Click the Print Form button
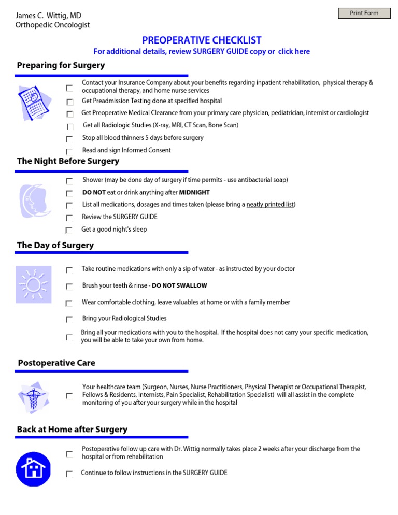364,13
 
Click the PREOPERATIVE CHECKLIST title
202,40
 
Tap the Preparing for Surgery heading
61,65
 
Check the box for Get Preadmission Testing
69,102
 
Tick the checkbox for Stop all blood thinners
69,139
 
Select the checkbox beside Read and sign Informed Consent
69,151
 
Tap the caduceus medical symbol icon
33,396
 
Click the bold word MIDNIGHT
194,192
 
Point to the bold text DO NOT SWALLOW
179,285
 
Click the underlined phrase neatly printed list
270,205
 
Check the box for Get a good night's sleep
69,230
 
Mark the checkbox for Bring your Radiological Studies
69,319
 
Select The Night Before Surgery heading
68,161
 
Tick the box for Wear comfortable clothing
69,303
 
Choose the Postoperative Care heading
56,363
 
